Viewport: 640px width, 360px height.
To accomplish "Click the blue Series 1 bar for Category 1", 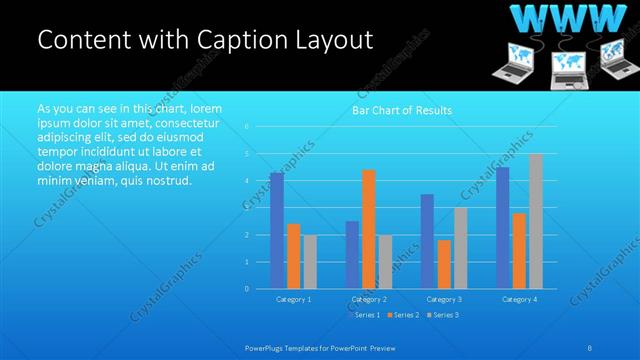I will (x=277, y=231).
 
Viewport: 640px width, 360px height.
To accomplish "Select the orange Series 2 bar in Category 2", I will (x=368, y=229).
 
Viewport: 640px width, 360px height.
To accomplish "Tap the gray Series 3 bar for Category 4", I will (x=535, y=222).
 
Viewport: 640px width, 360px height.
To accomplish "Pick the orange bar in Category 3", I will (x=444, y=264).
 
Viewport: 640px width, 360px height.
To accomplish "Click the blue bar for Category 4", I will (x=502, y=228).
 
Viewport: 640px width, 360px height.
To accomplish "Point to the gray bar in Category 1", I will (x=310, y=262).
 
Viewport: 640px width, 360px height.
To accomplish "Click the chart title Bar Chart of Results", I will (x=402, y=110).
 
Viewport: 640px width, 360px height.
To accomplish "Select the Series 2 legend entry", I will (x=403, y=315).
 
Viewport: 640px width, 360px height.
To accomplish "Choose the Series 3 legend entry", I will (x=442, y=315).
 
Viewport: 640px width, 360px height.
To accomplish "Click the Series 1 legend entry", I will (x=363, y=315).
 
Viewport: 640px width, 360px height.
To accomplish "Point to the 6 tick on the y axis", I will (x=246, y=127).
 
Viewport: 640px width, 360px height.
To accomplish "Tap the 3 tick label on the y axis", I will (x=246, y=208).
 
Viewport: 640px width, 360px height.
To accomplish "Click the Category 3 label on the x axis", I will (x=444, y=299).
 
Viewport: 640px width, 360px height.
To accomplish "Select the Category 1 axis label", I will (x=293, y=299).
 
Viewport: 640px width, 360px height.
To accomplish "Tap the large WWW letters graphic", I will (x=565, y=18).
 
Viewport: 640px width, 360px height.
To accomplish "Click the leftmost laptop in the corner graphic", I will (x=512, y=65).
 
